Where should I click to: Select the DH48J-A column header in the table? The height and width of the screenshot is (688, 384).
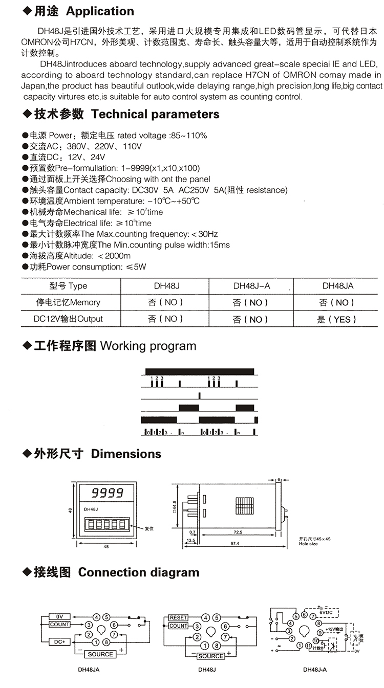(251, 286)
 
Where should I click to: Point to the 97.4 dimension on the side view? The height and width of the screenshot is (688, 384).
(235, 543)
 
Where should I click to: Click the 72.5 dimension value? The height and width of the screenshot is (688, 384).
(237, 532)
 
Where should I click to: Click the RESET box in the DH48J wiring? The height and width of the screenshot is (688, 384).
(178, 617)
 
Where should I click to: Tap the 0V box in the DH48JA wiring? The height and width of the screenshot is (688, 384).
(59, 617)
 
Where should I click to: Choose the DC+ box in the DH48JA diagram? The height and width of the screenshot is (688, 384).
(59, 641)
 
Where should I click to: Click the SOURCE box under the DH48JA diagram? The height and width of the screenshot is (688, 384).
(100, 654)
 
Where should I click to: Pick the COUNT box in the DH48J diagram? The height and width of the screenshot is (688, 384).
(178, 626)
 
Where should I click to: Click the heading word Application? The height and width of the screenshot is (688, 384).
(100, 11)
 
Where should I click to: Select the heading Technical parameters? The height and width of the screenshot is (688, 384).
(155, 114)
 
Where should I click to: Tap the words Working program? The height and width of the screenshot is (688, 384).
(148, 346)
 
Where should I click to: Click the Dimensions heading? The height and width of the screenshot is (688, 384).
(126, 454)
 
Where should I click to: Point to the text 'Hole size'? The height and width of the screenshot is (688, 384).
(308, 544)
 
